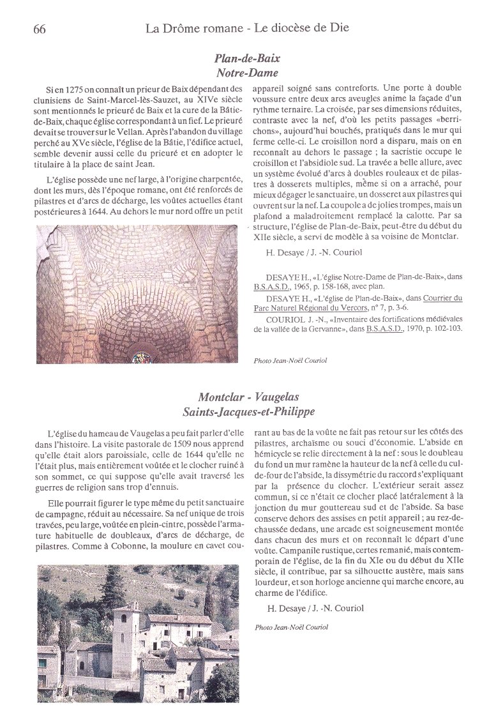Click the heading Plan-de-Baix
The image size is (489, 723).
246,58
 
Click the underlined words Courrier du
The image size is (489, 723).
442,298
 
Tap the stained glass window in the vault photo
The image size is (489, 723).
142,358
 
